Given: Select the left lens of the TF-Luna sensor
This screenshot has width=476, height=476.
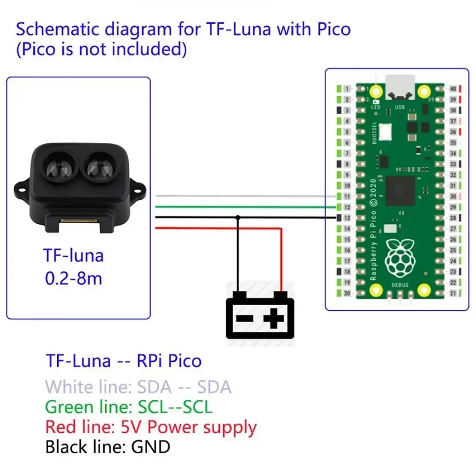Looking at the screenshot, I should click(57, 166).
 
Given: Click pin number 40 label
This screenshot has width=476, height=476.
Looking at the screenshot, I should click(453, 89).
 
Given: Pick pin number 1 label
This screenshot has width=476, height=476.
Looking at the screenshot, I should click(347, 89).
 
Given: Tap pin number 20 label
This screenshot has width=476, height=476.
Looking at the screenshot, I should click(347, 293).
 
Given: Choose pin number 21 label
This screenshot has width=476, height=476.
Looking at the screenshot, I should click(453, 293).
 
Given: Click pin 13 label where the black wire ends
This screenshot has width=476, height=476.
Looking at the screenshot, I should click(347, 218).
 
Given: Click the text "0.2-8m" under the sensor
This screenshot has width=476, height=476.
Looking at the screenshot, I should click(74, 278).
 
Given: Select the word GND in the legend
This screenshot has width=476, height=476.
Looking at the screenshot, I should click(151, 447).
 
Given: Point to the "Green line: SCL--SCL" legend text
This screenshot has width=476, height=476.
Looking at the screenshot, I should click(129, 407).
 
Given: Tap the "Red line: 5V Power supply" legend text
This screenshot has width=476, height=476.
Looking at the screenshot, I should click(150, 427).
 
